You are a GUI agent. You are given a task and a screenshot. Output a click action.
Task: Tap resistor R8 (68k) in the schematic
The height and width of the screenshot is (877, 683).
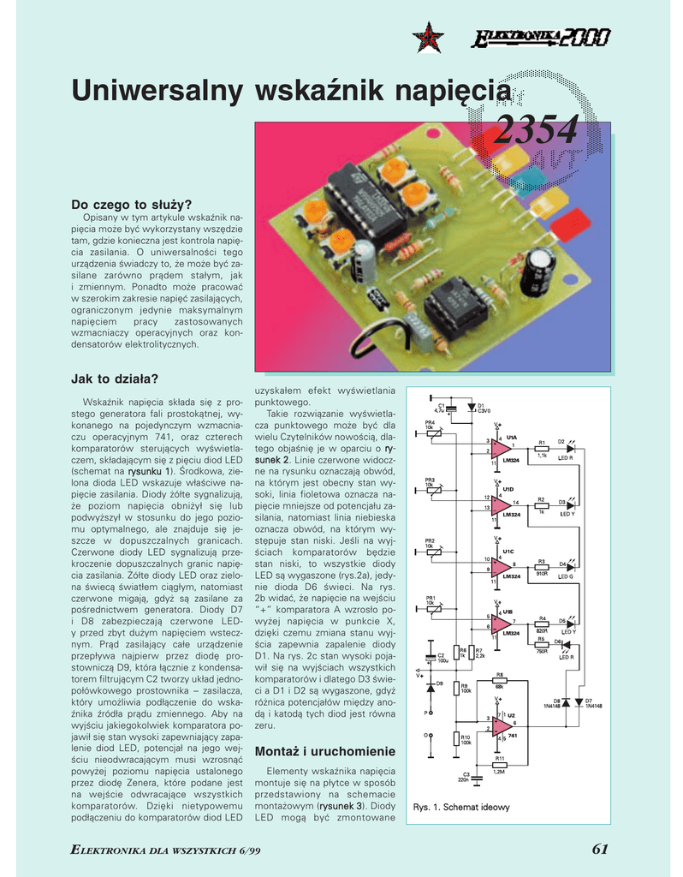pyautogui.click(x=499, y=682)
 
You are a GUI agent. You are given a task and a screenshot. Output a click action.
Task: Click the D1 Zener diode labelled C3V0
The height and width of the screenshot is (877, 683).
pyautogui.click(x=470, y=407)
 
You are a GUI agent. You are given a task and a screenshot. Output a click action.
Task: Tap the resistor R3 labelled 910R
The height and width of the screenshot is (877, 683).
pyautogui.click(x=542, y=565)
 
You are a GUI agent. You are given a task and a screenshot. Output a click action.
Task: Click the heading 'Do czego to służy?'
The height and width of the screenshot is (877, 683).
pyautogui.click(x=131, y=204)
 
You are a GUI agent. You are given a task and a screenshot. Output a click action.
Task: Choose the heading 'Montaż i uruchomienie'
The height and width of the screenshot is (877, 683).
pyautogui.click(x=325, y=751)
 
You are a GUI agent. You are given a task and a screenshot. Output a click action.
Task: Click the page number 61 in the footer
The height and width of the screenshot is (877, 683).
pyautogui.click(x=599, y=849)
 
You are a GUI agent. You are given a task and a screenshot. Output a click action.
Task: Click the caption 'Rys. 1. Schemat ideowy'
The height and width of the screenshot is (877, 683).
pyautogui.click(x=461, y=807)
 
